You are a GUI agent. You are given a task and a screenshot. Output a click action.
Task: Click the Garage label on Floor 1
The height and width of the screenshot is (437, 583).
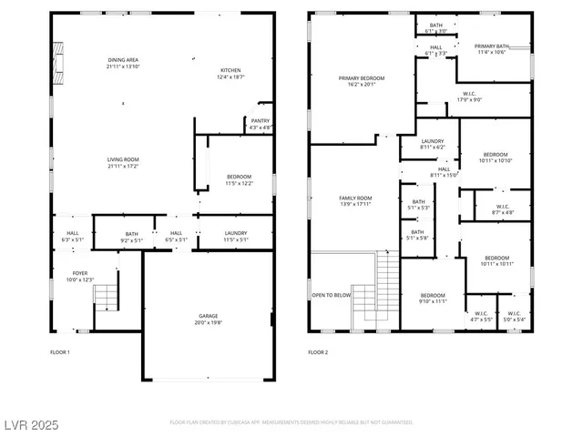point(209,319)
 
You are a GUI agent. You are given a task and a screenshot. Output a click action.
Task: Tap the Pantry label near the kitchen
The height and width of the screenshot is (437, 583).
point(261,125)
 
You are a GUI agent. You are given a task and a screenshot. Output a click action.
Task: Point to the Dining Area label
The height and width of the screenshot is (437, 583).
point(123,63)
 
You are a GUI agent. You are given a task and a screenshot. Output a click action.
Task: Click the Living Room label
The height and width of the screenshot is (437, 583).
point(123,163)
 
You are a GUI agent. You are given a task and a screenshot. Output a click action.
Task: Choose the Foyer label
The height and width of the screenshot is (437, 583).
point(79,276)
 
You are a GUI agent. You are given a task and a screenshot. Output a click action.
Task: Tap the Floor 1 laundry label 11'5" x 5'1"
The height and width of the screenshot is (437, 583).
point(236,237)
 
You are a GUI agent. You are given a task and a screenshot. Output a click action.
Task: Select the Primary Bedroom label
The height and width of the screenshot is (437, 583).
point(362,81)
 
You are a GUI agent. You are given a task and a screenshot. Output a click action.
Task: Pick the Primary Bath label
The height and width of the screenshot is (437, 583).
point(491,48)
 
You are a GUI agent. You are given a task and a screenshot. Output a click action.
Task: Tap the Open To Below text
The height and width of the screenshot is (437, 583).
point(332,295)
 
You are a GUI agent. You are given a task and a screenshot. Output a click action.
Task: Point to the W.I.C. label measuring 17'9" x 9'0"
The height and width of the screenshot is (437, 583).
point(469,97)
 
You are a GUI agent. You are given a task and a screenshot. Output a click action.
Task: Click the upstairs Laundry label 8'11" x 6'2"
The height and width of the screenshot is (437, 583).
point(432,144)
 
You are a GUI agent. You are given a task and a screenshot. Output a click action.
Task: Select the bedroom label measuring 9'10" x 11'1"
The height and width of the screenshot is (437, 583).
point(433,298)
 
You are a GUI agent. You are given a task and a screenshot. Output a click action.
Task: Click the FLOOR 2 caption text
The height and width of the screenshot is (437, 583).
point(317,351)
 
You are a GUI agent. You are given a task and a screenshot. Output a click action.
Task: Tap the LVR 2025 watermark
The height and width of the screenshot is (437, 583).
point(32,424)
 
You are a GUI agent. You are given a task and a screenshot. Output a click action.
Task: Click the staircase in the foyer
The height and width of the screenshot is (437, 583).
point(107,298)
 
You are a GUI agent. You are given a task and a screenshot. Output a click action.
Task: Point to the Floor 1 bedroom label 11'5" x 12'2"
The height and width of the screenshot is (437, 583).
point(239,179)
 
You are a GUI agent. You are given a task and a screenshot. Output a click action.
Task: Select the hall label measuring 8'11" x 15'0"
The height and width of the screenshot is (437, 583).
point(444,171)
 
